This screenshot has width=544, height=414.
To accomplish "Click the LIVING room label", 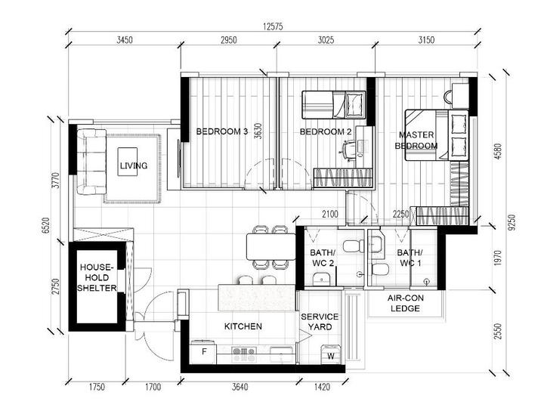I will [x=132, y=165].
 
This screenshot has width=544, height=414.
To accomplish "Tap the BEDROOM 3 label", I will [x=222, y=131].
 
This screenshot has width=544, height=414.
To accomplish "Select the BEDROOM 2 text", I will [x=326, y=131].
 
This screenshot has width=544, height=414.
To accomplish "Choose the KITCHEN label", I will [x=243, y=326].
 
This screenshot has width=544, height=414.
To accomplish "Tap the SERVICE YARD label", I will [x=320, y=321].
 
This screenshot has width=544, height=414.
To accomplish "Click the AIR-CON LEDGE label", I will [x=405, y=304].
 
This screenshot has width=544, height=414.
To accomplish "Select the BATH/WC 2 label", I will [x=323, y=258].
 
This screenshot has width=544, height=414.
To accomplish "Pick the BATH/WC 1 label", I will [x=410, y=258].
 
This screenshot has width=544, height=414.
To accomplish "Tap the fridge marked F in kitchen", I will [x=204, y=352].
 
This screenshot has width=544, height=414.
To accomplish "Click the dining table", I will [x=268, y=246].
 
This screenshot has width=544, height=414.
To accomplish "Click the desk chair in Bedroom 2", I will [x=350, y=150].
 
